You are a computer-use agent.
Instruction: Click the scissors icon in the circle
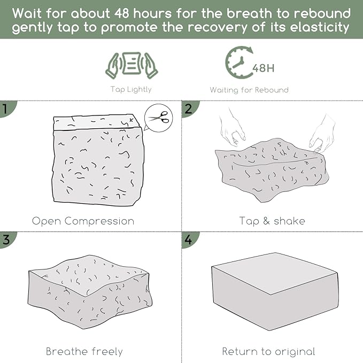tap(159, 118)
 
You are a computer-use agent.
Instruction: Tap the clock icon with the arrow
tap(240, 63)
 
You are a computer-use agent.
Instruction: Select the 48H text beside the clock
tap(264, 68)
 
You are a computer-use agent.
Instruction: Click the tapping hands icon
tap(132, 65)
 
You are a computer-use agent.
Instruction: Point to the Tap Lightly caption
tap(131, 89)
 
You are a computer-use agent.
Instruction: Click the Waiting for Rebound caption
tap(249, 90)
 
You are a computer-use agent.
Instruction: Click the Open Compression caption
tap(83, 221)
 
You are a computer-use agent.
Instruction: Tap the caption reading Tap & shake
tap(272, 221)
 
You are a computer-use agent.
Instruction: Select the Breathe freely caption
tap(84, 351)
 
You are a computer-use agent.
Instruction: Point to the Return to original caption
tap(268, 351)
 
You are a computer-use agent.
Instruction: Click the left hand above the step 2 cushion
tap(232, 128)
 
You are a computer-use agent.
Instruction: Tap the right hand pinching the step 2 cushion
tap(323, 134)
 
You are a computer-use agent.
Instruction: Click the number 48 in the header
tap(122, 13)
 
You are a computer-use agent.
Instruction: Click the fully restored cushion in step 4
tap(275, 291)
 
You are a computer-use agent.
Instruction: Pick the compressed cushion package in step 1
tap(98, 160)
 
